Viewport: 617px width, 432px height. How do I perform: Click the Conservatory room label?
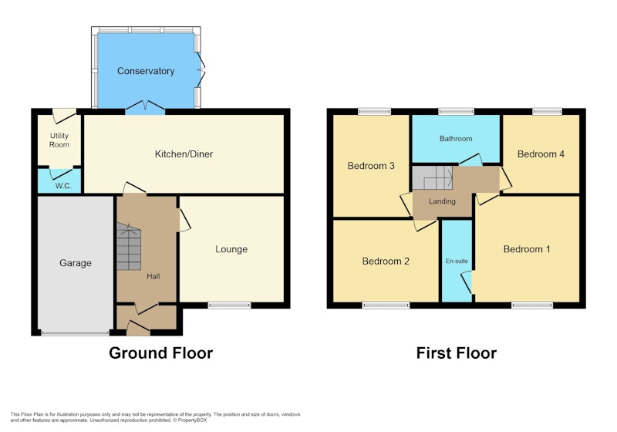point(146,71)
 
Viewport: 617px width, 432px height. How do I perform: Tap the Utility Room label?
point(59,140)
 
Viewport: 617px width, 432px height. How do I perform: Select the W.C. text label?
point(63,186)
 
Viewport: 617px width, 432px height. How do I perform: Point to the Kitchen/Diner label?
point(184,154)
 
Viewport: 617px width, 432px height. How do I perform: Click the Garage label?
point(76,263)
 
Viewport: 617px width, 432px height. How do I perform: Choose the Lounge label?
point(231,249)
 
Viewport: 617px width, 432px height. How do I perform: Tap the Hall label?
point(153,276)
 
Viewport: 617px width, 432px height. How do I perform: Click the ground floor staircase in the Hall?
point(129,247)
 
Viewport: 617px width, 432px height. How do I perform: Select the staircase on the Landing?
point(433,178)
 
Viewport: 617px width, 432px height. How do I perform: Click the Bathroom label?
point(456,139)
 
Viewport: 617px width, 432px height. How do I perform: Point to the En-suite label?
point(457,261)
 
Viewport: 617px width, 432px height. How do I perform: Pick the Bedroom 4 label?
point(541,154)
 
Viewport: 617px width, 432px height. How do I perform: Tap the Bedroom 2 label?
point(386,262)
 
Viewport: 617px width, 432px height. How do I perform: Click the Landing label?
point(442,201)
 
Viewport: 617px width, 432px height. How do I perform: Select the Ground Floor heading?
point(161,353)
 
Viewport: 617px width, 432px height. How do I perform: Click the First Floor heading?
point(457,353)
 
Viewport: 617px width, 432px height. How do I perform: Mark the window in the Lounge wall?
point(229,305)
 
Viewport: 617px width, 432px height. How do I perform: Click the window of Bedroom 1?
point(532,305)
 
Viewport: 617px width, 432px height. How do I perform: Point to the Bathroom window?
point(457,112)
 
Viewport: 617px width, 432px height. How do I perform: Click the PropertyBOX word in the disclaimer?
point(192,420)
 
